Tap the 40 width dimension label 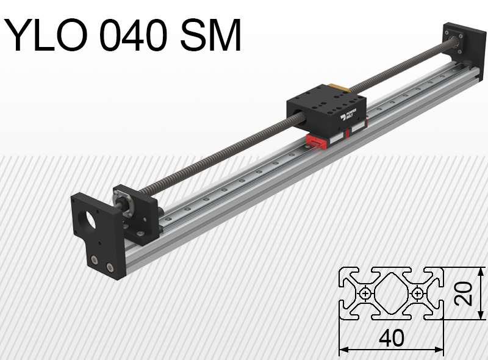(391, 338)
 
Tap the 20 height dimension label (465, 293)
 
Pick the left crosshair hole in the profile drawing (365, 293)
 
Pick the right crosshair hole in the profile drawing (417, 293)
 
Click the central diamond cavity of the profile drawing (391, 293)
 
